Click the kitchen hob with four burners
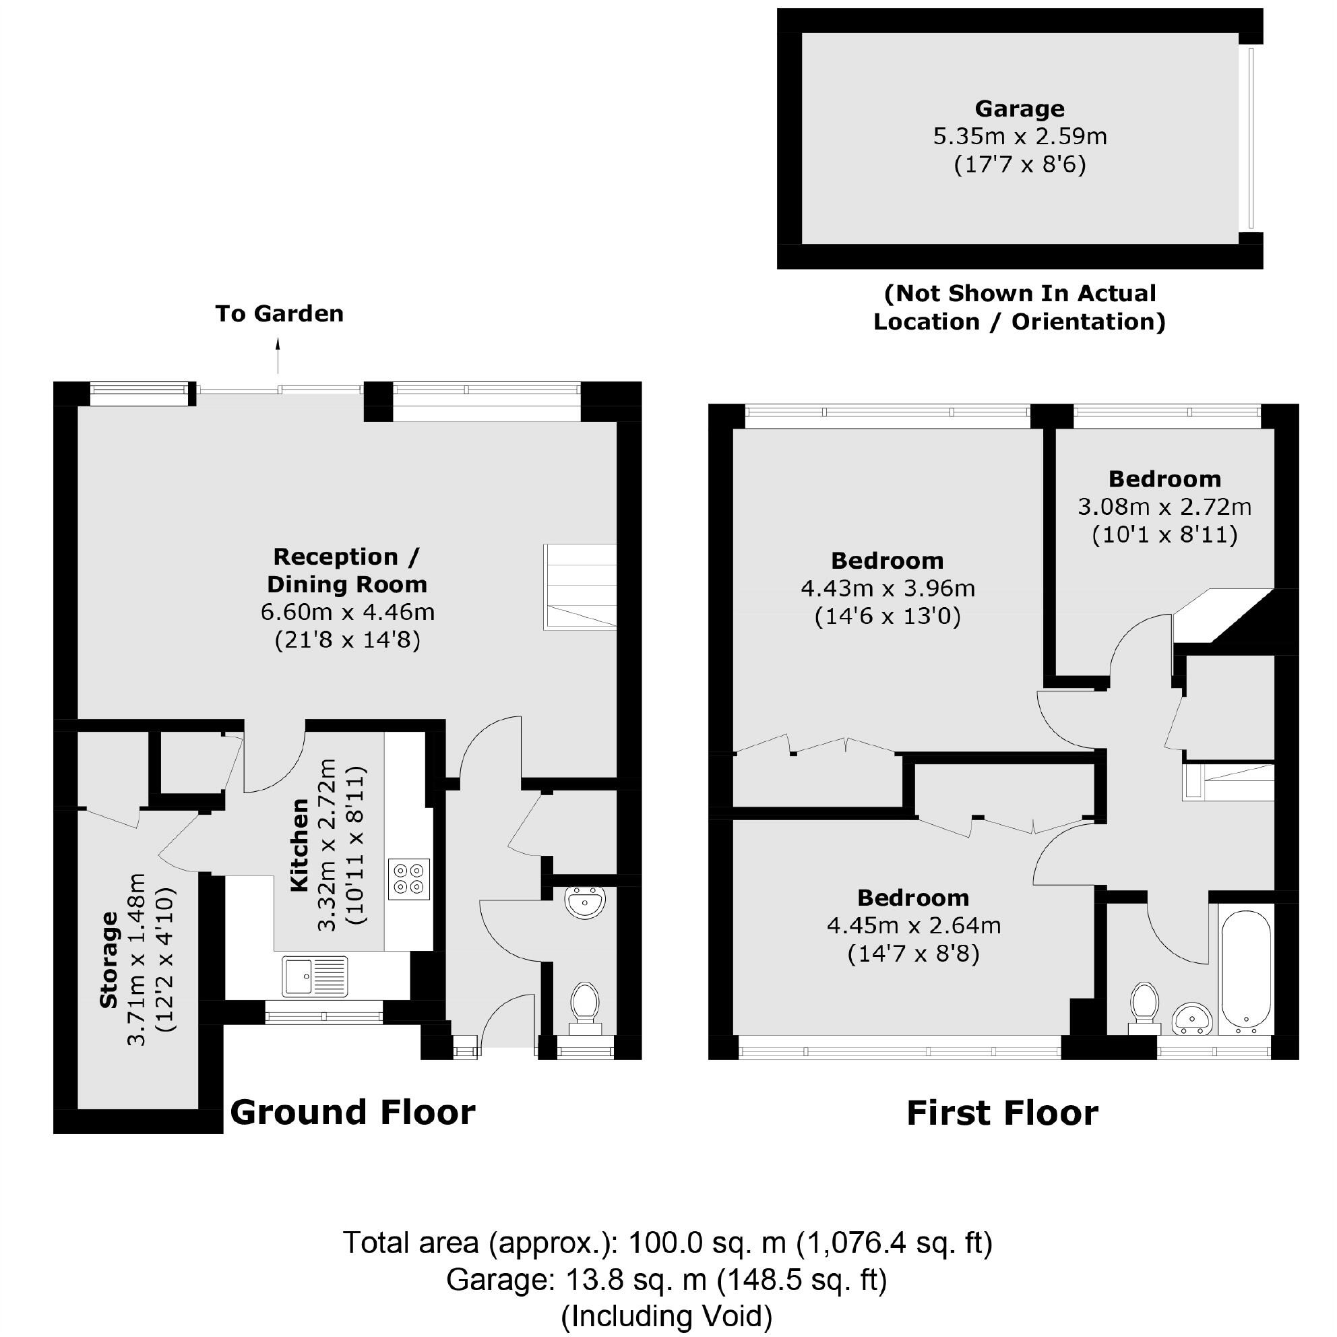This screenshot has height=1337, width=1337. coord(408,879)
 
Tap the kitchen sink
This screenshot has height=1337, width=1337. coord(314,976)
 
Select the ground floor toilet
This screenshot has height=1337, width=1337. coord(585,1003)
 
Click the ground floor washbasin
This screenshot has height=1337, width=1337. coord(585,902)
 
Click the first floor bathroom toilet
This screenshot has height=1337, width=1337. coord(1145,1005)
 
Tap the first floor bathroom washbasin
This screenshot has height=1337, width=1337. coord(1192,1019)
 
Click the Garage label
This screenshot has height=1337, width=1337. coord(1020,108)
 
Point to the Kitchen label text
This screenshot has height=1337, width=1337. coord(299,845)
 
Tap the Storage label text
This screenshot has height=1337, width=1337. coord(108,960)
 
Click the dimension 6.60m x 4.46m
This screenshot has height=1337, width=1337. coord(348,612)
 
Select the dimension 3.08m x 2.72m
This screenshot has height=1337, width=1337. coord(1164,507)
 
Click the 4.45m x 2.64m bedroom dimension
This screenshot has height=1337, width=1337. coord(914,925)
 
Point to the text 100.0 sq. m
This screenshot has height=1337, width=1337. coord(706,1243)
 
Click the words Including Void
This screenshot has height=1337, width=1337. coord(666,1316)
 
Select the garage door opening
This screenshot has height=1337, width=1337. coord(1251,137)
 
